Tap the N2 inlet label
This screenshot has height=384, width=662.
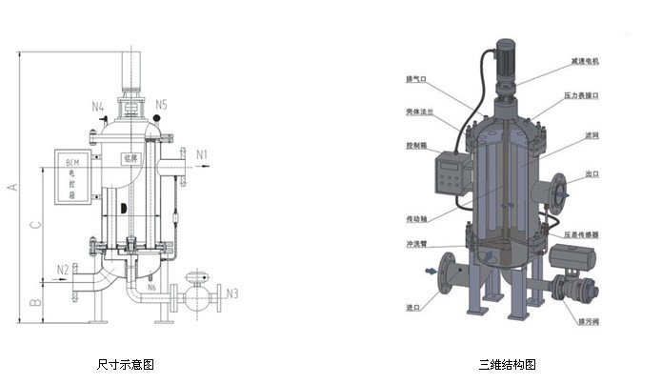coord(62,269)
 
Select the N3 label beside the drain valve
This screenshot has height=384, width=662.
coord(232,293)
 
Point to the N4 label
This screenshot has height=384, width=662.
coord(97,106)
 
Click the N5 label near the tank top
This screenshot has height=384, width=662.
coord(161,103)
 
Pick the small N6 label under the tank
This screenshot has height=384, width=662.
coord(151,286)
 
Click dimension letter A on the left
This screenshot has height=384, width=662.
coord(11,187)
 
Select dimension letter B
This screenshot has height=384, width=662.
coord(35,303)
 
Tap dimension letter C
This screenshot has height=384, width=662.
coord(35,225)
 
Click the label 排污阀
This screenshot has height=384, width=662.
coord(588,322)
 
